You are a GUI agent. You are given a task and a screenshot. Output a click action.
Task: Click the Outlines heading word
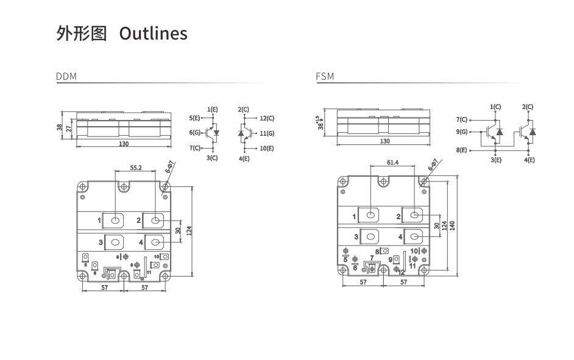[x=153, y=34]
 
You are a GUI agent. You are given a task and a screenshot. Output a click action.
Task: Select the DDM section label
[x=66, y=77]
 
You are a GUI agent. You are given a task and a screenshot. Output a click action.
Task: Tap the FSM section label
[x=325, y=77]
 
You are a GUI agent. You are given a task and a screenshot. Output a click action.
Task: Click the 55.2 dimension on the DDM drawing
[x=136, y=168]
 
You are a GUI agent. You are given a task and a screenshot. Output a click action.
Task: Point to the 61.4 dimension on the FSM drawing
[x=392, y=163]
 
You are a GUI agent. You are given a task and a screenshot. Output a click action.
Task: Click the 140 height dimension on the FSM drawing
[x=452, y=225]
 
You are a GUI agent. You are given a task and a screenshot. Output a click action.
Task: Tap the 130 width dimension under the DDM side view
[x=124, y=144]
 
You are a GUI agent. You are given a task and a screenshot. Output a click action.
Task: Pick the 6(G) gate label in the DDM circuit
[x=195, y=133]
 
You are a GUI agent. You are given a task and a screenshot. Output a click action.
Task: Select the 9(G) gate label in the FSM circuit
[x=461, y=132]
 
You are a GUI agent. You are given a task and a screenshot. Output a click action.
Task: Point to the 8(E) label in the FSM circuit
[x=461, y=150]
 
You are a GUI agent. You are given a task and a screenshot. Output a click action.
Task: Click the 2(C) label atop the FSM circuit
[x=528, y=107]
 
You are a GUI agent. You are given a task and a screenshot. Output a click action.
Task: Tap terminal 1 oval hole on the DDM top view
[x=115, y=220]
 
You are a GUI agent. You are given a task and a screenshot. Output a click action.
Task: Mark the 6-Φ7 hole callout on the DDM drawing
[x=170, y=166]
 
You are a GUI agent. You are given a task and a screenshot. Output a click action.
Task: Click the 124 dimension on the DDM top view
[x=189, y=231]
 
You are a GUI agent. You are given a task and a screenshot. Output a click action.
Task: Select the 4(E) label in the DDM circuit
[x=244, y=158]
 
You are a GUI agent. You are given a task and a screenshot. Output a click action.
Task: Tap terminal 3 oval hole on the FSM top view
[x=370, y=236]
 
